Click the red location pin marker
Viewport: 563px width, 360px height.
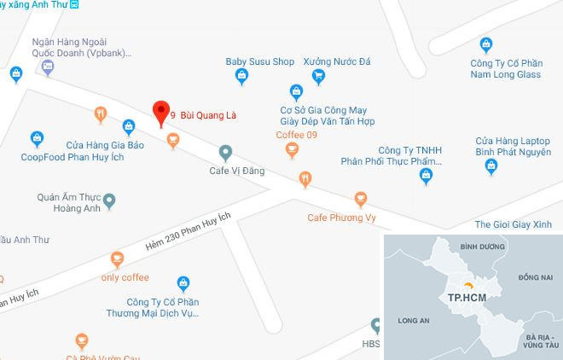[x=159, y=113]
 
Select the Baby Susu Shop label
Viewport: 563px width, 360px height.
[x=259, y=62]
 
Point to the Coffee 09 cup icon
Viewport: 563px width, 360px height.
[x=293, y=150]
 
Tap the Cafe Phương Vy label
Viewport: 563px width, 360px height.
[x=341, y=218]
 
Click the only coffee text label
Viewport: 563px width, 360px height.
[x=125, y=278]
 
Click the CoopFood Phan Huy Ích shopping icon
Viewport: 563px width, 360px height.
[x=37, y=137]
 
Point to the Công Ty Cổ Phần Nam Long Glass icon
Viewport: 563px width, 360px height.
[x=486, y=44]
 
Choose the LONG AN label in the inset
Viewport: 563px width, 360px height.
[x=413, y=322]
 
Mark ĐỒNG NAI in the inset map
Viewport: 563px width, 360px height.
[x=535, y=277]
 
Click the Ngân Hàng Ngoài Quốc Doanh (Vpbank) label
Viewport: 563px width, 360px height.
[x=81, y=46]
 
